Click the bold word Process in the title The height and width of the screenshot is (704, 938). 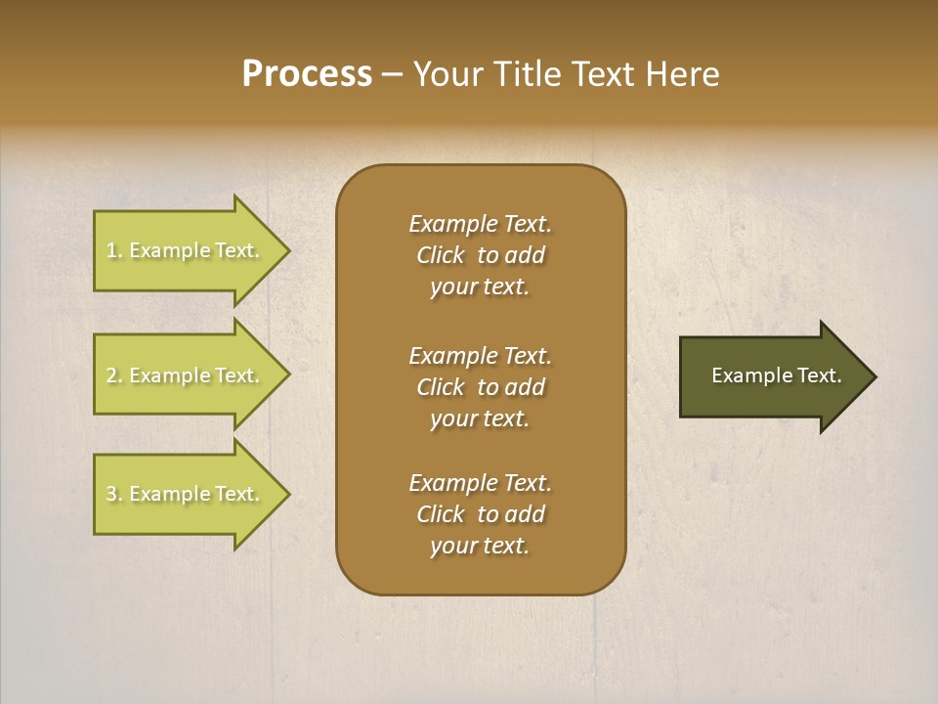307,74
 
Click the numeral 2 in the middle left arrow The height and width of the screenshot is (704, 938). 111,375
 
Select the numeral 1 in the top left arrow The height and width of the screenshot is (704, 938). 111,250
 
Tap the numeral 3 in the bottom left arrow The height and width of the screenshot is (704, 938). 111,494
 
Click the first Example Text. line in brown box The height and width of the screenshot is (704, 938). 480,224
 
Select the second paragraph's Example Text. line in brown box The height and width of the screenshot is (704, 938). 480,356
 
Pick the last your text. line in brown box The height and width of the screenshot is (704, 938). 480,546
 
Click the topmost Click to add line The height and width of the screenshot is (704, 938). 480,255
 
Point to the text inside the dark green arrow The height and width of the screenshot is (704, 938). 776,375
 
